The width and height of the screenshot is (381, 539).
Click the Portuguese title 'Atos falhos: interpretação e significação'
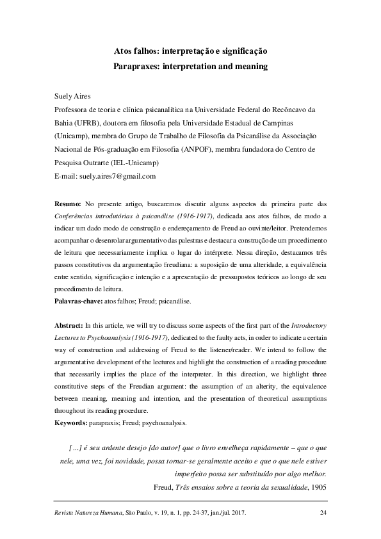click(x=190, y=50)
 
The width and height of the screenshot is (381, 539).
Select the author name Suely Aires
click(x=73, y=95)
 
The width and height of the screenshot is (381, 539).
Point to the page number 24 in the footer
click(x=323, y=513)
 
